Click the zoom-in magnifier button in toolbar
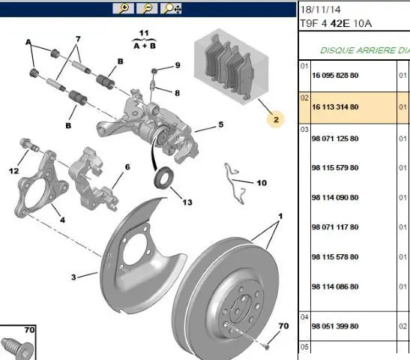coord(123,8)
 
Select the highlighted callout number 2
coord(276,120)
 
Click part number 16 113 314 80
coord(335,106)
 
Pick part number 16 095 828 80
coord(335,75)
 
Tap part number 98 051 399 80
coord(335,326)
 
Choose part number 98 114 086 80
coord(335,286)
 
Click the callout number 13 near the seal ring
coord(187,202)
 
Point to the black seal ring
coord(163,178)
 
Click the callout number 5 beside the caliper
coord(221,124)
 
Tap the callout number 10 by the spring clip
coord(262,182)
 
